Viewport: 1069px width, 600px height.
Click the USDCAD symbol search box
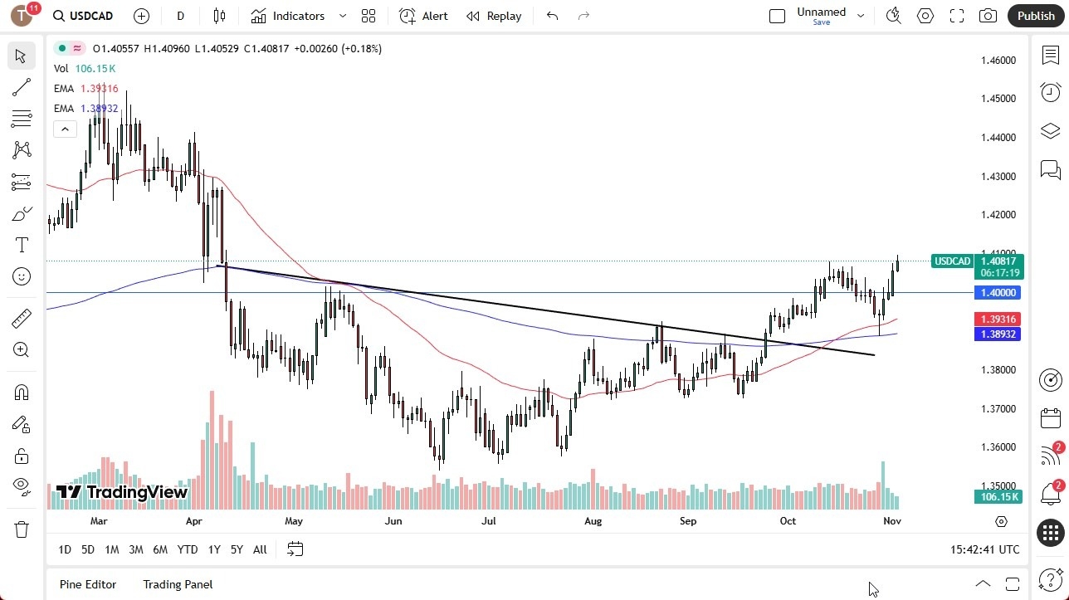point(82,16)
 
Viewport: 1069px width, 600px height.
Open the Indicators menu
point(298,16)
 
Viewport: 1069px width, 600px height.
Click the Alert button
point(423,16)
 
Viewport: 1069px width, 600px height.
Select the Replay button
point(494,16)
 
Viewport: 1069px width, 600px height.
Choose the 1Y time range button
point(214,549)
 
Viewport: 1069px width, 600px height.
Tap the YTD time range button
point(188,549)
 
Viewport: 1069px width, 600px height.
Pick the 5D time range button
point(88,549)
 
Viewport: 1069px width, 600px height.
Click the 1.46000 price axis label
point(998,61)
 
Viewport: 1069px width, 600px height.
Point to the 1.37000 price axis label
point(998,408)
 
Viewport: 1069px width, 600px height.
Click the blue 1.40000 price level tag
point(998,293)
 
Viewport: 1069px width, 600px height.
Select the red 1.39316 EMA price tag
point(998,320)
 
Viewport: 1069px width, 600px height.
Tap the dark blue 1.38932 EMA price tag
point(998,334)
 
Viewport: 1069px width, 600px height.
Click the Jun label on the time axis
point(393,521)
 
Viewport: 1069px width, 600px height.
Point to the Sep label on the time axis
point(688,521)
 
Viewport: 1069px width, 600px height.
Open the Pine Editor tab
point(88,584)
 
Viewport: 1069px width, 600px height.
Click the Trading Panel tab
point(178,584)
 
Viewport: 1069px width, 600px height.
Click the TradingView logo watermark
point(122,492)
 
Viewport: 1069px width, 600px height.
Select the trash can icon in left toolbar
point(22,529)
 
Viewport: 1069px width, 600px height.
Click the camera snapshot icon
point(988,16)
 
